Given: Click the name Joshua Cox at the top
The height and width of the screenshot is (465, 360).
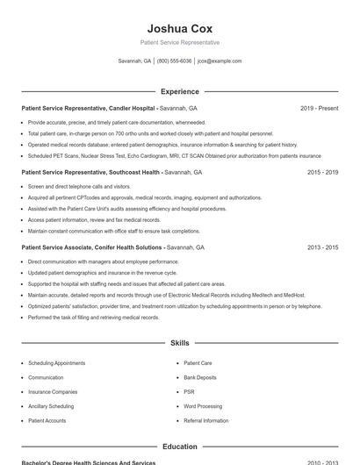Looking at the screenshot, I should (180, 28).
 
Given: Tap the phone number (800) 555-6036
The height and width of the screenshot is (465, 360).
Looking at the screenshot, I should (174, 61).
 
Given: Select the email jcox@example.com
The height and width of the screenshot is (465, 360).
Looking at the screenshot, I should (219, 61).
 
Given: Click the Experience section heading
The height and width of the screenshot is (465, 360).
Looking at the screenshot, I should (180, 91).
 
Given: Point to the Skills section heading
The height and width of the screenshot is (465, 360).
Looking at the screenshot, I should (180, 343).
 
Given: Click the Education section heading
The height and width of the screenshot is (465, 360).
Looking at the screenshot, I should (180, 447).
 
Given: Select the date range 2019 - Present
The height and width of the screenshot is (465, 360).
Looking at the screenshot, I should (319, 109).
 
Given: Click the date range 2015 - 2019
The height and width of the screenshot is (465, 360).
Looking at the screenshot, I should (322, 173).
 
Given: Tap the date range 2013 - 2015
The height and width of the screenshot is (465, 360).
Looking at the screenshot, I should (322, 248).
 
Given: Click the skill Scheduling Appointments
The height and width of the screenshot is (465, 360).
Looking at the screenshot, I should (57, 363).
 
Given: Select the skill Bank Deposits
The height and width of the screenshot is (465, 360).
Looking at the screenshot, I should (200, 377).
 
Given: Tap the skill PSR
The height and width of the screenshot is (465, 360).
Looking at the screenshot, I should (189, 392).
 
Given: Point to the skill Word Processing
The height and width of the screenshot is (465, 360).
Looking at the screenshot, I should (203, 406).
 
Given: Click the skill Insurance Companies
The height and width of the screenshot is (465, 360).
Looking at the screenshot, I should (53, 392).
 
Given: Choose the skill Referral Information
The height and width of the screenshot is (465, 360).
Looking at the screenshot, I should (205, 421).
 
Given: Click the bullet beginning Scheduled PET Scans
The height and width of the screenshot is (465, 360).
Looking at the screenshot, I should (174, 156).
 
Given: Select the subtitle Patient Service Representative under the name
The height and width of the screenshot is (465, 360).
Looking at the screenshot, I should (180, 42).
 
